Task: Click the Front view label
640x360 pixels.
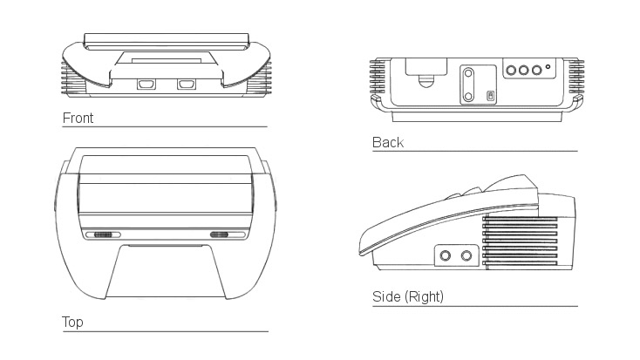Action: point(78,118)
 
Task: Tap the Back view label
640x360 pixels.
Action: point(388,142)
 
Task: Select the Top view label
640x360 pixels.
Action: point(72,322)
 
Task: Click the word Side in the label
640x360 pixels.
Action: point(386,296)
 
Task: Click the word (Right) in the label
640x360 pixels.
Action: point(424,296)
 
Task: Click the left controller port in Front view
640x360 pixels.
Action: point(146,85)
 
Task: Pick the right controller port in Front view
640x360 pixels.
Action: point(186,85)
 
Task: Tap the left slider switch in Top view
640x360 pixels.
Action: point(103,234)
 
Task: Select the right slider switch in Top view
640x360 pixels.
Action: point(219,234)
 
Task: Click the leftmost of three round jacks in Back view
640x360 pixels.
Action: point(511,71)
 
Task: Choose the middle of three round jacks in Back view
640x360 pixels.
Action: point(524,71)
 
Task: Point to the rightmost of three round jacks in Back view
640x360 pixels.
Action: point(537,71)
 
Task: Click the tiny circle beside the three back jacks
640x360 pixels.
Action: point(548,66)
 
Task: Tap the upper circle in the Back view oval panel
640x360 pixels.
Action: point(468,74)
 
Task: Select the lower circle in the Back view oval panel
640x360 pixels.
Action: point(468,97)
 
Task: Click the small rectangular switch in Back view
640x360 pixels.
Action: point(491,97)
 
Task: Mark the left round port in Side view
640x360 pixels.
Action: point(446,256)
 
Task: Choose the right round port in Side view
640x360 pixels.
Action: point(466,256)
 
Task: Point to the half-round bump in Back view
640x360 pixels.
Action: point(426,81)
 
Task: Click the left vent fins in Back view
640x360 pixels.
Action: point(378,77)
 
